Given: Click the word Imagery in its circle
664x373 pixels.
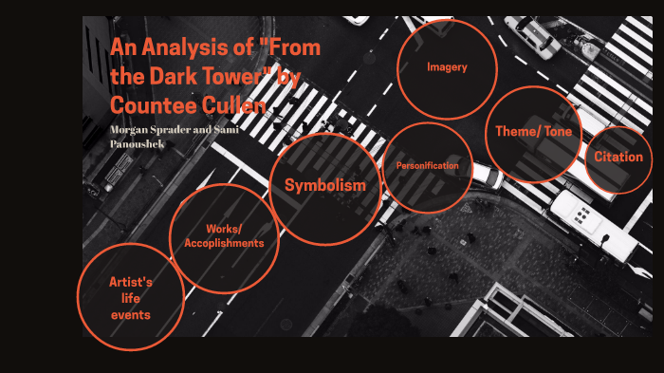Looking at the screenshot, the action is [447, 67].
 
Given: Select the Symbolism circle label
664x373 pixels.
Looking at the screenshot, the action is [325, 185].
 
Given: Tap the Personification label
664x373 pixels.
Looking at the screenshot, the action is [428, 166].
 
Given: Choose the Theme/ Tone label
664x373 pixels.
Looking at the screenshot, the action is [534, 132].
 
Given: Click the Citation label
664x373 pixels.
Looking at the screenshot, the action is [618, 157].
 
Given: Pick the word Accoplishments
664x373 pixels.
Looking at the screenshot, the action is [224, 243].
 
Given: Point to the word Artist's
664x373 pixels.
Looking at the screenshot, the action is [131, 283].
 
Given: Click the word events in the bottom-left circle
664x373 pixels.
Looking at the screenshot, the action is [131, 315].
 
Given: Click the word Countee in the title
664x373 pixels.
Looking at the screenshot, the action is [143, 103].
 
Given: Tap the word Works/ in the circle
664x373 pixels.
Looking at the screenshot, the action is [224, 229].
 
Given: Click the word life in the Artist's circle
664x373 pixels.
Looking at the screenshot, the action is [131, 299].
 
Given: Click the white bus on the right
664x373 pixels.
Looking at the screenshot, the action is [593, 223].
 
